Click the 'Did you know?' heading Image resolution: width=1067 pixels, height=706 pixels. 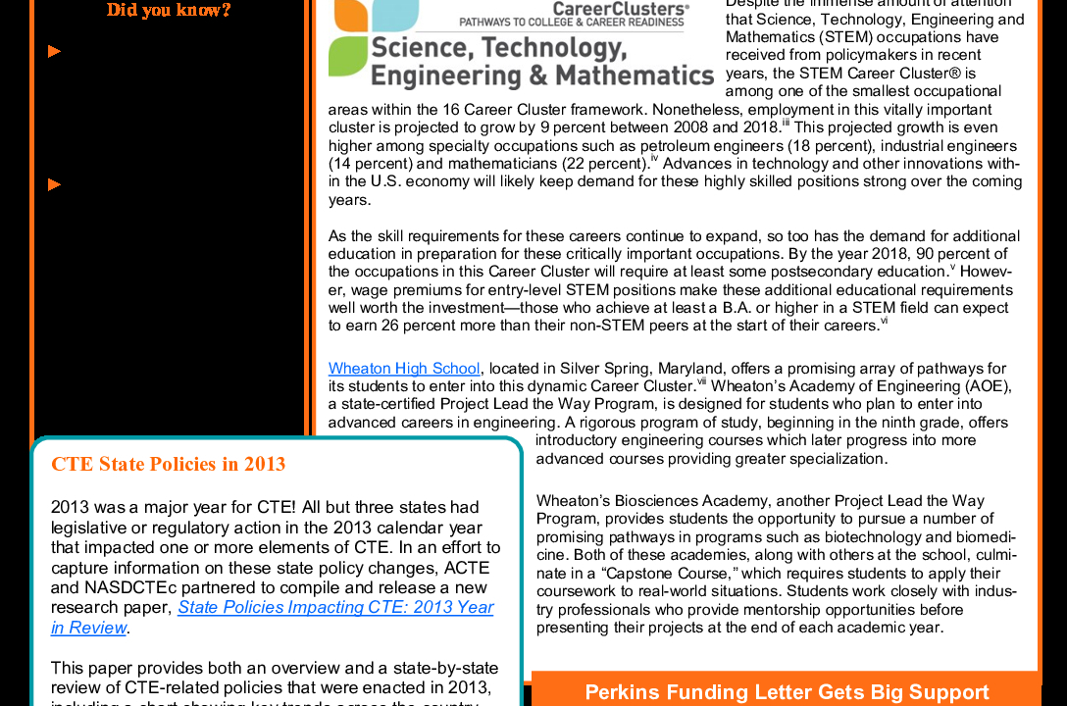tap(169, 11)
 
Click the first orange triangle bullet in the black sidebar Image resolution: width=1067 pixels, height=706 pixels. tap(54, 51)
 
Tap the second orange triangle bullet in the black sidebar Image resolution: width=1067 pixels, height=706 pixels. tap(54, 184)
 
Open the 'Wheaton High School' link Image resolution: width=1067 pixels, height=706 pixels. tap(404, 369)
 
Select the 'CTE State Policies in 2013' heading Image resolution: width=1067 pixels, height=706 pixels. tap(168, 464)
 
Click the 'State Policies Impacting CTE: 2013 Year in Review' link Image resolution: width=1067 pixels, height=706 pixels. tap(335, 608)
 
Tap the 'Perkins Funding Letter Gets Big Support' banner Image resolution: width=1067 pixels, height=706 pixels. tap(787, 692)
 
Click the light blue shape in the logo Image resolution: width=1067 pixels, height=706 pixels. tap(402, 13)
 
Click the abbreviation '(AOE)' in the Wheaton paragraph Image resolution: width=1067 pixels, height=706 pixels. tap(988, 386)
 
